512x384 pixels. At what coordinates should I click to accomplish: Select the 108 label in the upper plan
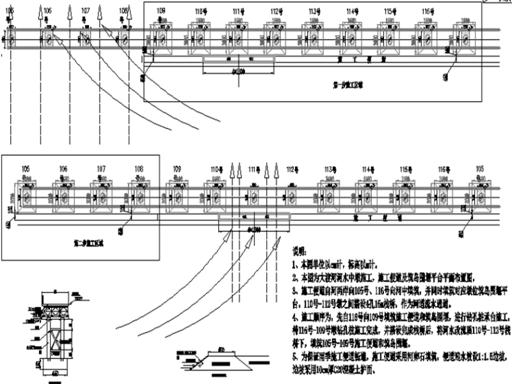pyautogui.click(x=123, y=11)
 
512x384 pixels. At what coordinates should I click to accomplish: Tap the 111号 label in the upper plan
pyautogui.click(x=237, y=12)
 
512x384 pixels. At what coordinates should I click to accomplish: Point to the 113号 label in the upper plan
pyautogui.click(x=314, y=12)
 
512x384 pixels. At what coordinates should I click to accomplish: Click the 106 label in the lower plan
pyautogui.click(x=63, y=168)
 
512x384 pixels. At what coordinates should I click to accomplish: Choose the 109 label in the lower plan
pyautogui.click(x=177, y=168)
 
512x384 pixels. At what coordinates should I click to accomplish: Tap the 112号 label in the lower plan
pyautogui.click(x=291, y=168)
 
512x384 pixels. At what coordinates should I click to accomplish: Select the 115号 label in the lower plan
pyautogui.click(x=405, y=168)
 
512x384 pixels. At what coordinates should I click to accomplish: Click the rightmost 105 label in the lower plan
pyautogui.click(x=479, y=168)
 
